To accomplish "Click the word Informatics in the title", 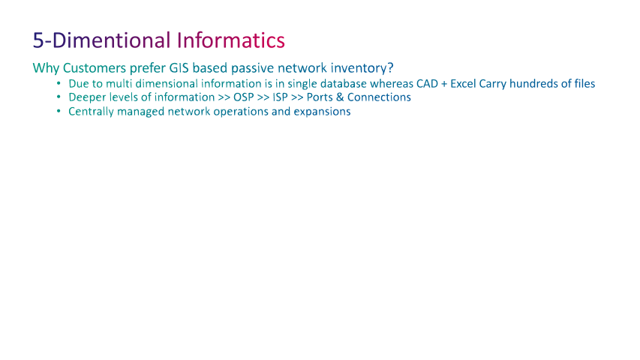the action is point(230,40).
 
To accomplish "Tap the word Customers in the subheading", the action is point(95,67).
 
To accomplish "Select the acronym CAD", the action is point(427,84).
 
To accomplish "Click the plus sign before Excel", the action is point(444,84).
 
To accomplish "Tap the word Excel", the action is point(463,84).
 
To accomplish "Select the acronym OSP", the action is point(244,97).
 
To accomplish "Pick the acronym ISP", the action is point(280,97).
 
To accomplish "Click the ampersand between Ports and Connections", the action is point(340,97).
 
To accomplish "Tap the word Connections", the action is point(379,97).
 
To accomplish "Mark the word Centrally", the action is point(91,112).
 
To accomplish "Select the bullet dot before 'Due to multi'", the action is point(59,84).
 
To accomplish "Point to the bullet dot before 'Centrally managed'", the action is point(59,112).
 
